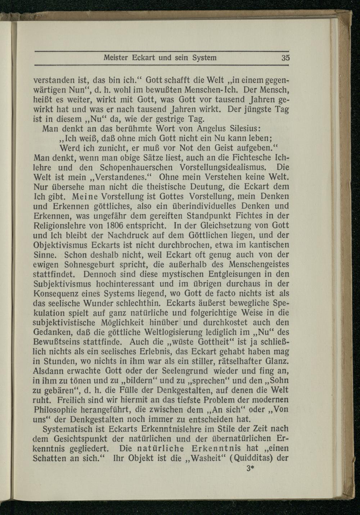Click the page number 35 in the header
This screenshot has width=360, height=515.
[286, 58]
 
